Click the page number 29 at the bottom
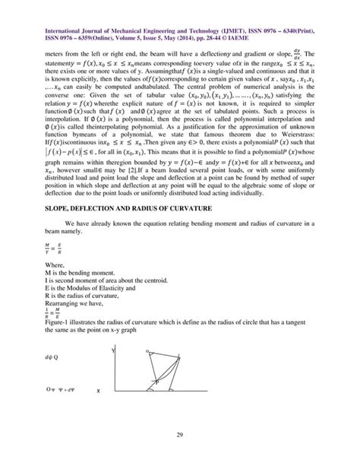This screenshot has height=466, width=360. (x=180, y=433)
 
